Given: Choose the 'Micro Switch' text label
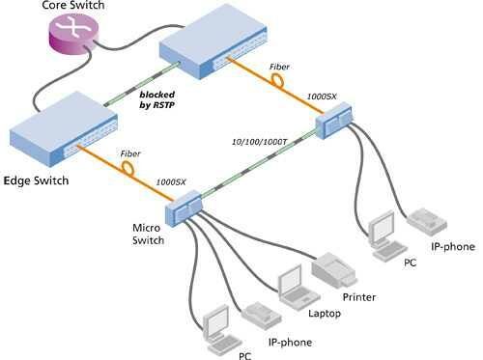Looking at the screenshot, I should coord(151,234).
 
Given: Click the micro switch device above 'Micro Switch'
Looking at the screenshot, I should coord(185,206).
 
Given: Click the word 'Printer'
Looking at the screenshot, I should coord(358,297).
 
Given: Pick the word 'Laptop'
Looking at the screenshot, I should coord(326,314).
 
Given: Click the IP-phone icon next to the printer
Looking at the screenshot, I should coord(259,312).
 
